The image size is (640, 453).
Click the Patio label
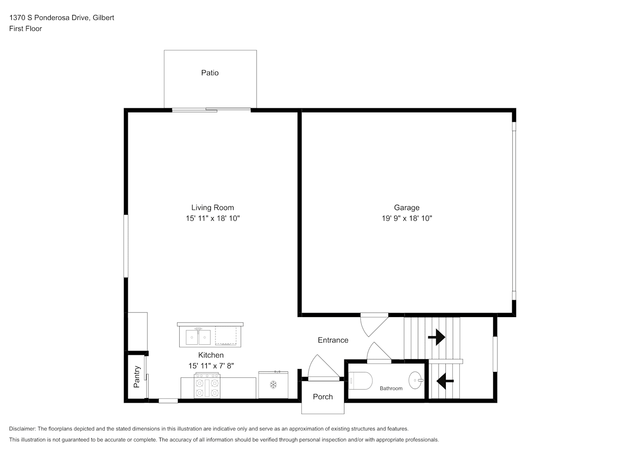coord(210,72)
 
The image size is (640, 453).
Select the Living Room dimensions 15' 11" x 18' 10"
coord(213,218)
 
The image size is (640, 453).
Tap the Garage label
coord(406,207)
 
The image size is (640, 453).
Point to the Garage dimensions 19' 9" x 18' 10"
coord(406,218)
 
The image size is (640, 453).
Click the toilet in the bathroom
coord(360,381)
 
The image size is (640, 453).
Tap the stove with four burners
coord(207,386)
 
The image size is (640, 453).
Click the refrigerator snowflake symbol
coord(273,385)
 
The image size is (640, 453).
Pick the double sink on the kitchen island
coord(198,337)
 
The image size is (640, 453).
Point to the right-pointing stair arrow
coord(437,337)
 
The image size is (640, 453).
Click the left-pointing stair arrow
coord(445,381)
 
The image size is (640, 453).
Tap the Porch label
coord(323,397)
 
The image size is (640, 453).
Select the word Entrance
coord(333,340)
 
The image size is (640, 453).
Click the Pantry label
coord(137,376)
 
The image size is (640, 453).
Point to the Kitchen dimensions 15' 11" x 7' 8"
coord(211,366)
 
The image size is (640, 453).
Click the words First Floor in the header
coord(25,29)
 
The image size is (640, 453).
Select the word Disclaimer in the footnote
coord(22,429)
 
